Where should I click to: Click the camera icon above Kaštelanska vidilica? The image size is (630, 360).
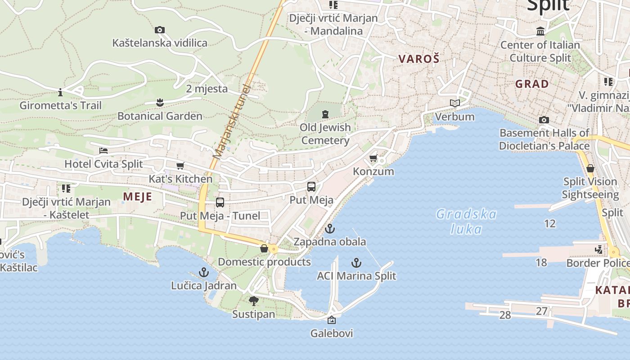click(159, 30)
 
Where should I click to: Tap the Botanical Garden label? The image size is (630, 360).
click(160, 116)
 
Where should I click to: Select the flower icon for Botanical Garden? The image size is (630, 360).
click(159, 103)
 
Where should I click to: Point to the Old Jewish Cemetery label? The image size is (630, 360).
click(325, 134)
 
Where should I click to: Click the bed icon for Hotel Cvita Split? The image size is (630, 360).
click(103, 150)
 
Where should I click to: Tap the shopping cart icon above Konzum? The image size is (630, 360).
click(373, 158)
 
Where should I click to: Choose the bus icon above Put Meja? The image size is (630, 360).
click(311, 186)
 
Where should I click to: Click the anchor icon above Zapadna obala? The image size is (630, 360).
click(330, 229)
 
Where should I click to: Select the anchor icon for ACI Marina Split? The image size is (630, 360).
click(356, 262)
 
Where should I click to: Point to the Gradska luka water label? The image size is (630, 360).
click(466, 221)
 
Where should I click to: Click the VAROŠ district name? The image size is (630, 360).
click(418, 58)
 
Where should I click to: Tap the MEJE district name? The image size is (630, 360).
click(137, 197)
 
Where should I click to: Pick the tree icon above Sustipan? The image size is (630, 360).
click(253, 301)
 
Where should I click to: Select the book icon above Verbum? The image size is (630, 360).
click(455, 103)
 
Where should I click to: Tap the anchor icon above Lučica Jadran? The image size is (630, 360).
click(204, 272)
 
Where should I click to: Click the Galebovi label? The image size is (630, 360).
click(332, 333)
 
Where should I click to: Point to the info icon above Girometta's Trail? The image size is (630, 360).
click(60, 93)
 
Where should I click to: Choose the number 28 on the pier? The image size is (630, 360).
click(505, 315)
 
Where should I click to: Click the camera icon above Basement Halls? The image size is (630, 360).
click(544, 120)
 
